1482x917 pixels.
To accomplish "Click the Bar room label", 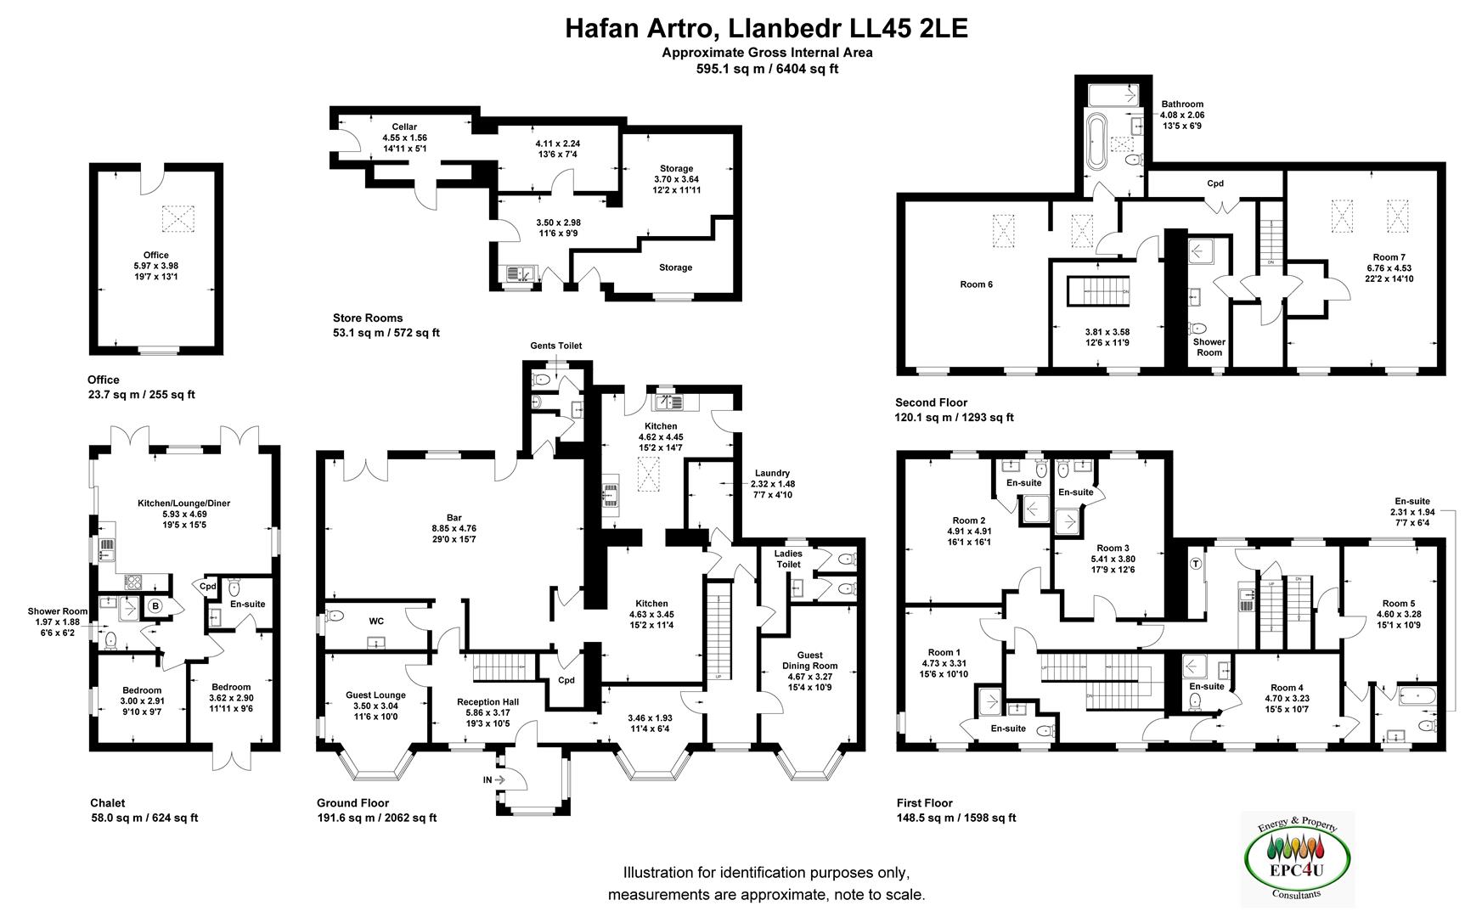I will [454, 517].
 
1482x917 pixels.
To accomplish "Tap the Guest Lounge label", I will [375, 695].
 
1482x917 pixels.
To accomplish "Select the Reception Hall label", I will [487, 702].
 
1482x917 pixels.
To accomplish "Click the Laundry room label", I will [772, 473].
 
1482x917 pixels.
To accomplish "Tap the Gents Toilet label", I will [555, 346].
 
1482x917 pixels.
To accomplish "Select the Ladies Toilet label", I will [788, 559].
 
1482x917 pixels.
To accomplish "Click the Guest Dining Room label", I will [810, 655].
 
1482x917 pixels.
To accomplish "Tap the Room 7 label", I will [1389, 257].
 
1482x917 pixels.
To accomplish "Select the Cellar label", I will [404, 127].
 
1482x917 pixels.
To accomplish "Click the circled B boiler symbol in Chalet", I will [155, 606].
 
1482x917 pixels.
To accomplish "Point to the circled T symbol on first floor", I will [1196, 563].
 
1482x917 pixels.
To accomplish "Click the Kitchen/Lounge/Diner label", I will [183, 504].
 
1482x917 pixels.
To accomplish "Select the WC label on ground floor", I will [376, 622].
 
